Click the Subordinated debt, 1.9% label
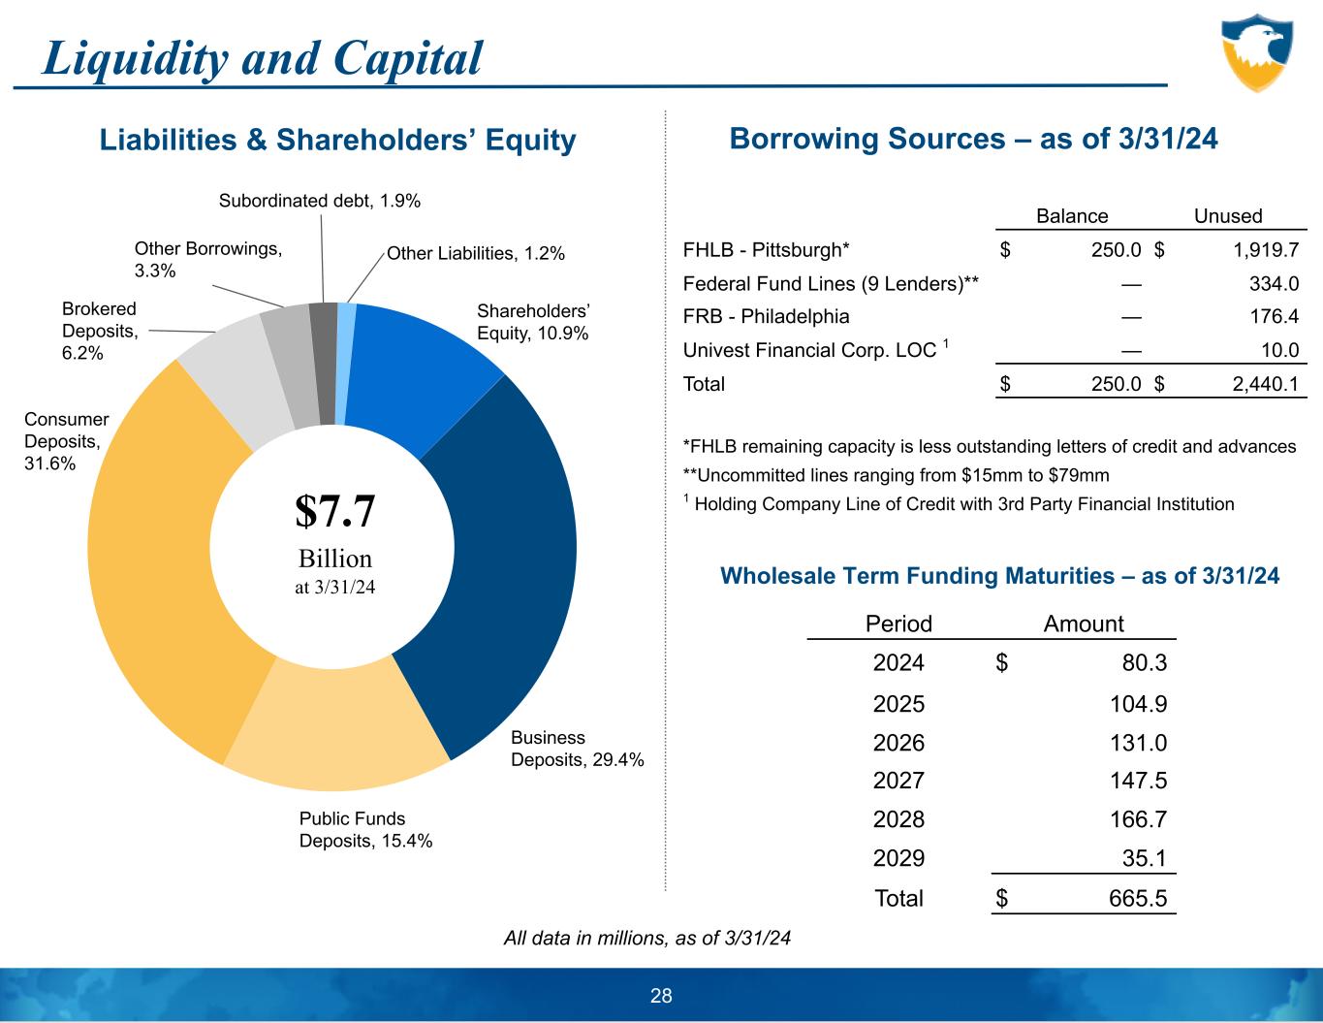(319, 201)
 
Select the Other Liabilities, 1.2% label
(475, 254)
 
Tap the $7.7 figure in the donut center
(334, 511)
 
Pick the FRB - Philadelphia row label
(766, 317)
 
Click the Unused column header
(1227, 216)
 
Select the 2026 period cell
(898, 743)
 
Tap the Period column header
(898, 623)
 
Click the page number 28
(661, 996)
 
